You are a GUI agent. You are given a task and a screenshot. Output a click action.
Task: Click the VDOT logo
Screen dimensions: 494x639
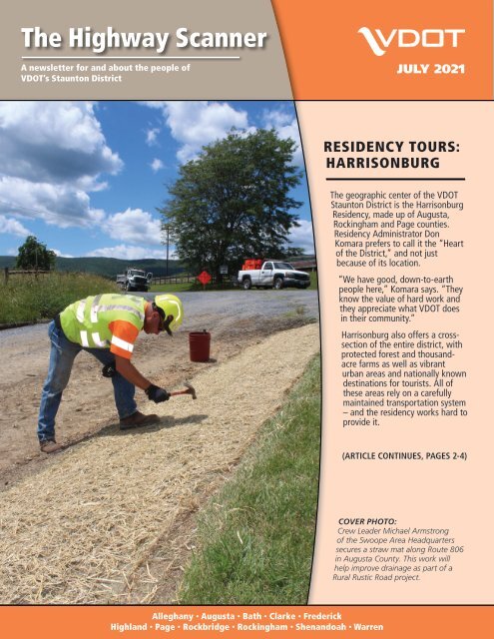tap(410, 41)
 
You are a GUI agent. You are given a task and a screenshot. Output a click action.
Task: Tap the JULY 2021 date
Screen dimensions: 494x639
tap(430, 72)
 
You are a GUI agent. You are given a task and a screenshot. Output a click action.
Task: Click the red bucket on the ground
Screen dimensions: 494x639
tap(200, 345)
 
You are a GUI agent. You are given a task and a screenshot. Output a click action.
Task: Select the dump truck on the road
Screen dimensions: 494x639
tap(133, 279)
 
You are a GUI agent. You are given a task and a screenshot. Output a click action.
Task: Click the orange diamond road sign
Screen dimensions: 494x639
tap(204, 276)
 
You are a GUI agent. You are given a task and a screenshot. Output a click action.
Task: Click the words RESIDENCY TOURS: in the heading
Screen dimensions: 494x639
tap(384, 145)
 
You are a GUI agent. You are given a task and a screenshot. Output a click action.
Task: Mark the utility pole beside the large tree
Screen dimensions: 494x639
tap(166, 250)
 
